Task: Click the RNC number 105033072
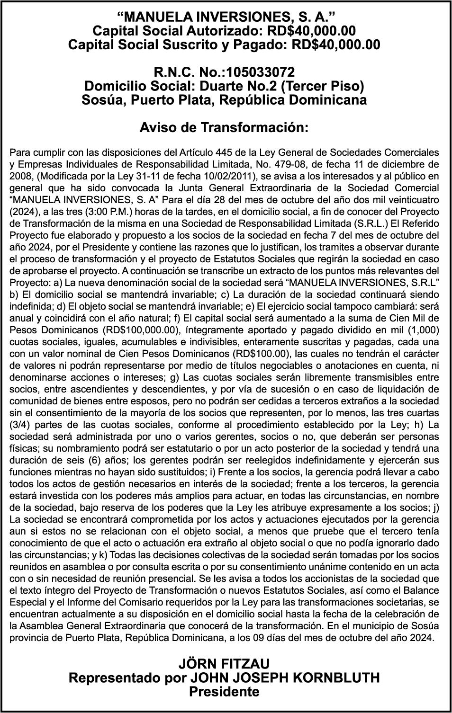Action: point(261,72)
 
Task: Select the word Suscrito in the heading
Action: point(177,45)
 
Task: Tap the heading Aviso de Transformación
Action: point(224,128)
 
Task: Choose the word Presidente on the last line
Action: point(224,692)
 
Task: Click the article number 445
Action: point(224,153)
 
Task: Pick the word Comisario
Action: point(157,602)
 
